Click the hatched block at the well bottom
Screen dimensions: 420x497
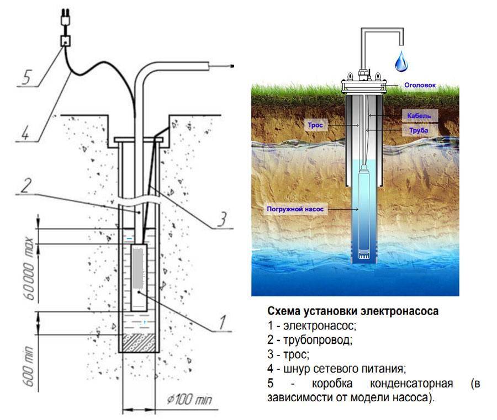pyautogui.click(x=139, y=342)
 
